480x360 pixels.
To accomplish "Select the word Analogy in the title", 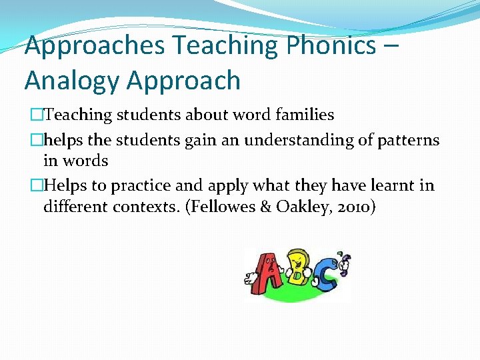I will (71, 81).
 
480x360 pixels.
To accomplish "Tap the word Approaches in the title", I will (94, 45).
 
